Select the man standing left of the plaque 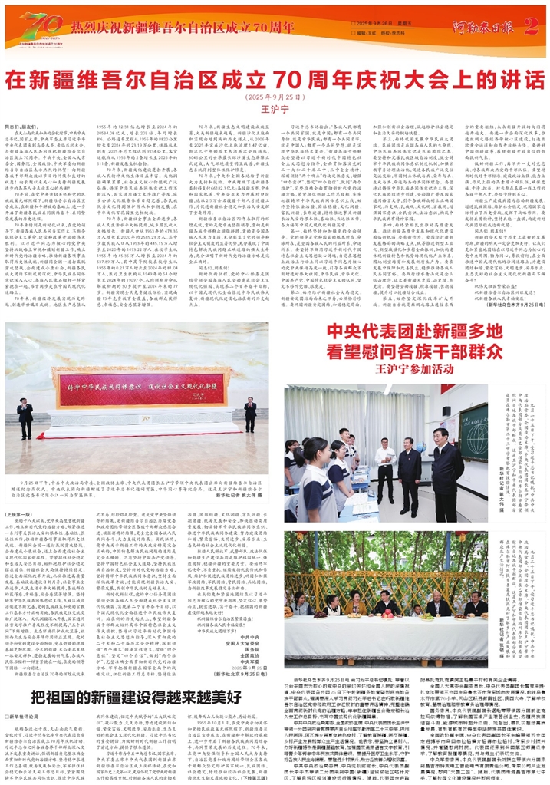coord(25,415)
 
